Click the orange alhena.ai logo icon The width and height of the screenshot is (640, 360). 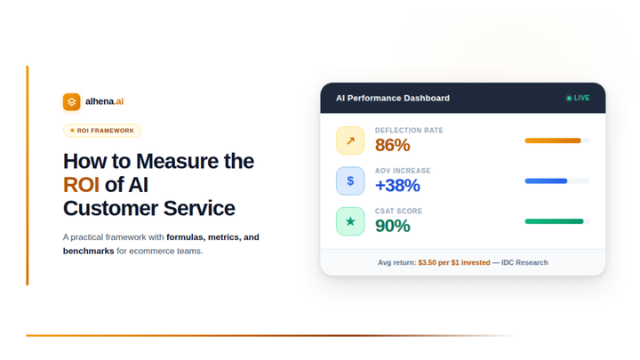[71, 102]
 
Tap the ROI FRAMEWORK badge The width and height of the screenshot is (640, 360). [102, 131]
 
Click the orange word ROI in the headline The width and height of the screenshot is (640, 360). [81, 185]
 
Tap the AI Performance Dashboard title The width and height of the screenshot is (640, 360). [392, 98]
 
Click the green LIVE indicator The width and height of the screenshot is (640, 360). [578, 98]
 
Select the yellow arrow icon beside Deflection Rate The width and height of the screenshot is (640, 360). [350, 140]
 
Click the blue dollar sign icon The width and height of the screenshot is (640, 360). [350, 180]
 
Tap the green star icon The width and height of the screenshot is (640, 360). [350, 221]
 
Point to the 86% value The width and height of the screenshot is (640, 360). [392, 146]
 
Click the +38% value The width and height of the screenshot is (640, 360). [397, 186]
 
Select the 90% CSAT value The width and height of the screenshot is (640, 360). [392, 226]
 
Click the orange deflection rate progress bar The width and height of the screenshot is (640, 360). [553, 140]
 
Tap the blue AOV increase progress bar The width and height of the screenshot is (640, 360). [546, 180]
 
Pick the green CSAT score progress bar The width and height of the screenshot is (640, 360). [554, 221]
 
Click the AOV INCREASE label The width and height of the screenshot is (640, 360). [403, 171]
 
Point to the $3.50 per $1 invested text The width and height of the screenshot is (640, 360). [453, 262]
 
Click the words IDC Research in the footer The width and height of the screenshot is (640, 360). [524, 262]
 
